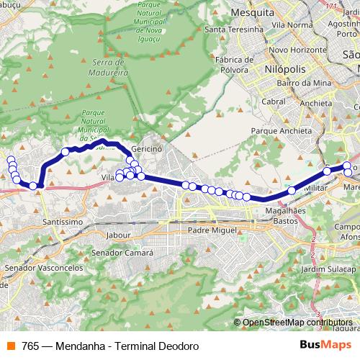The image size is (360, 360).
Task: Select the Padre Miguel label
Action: click(211, 230)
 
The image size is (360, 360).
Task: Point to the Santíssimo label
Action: click(63, 221)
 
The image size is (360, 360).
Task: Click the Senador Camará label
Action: click(123, 253)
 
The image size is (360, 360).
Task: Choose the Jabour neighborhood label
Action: click(117, 235)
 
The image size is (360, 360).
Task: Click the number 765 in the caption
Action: click(30, 346)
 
